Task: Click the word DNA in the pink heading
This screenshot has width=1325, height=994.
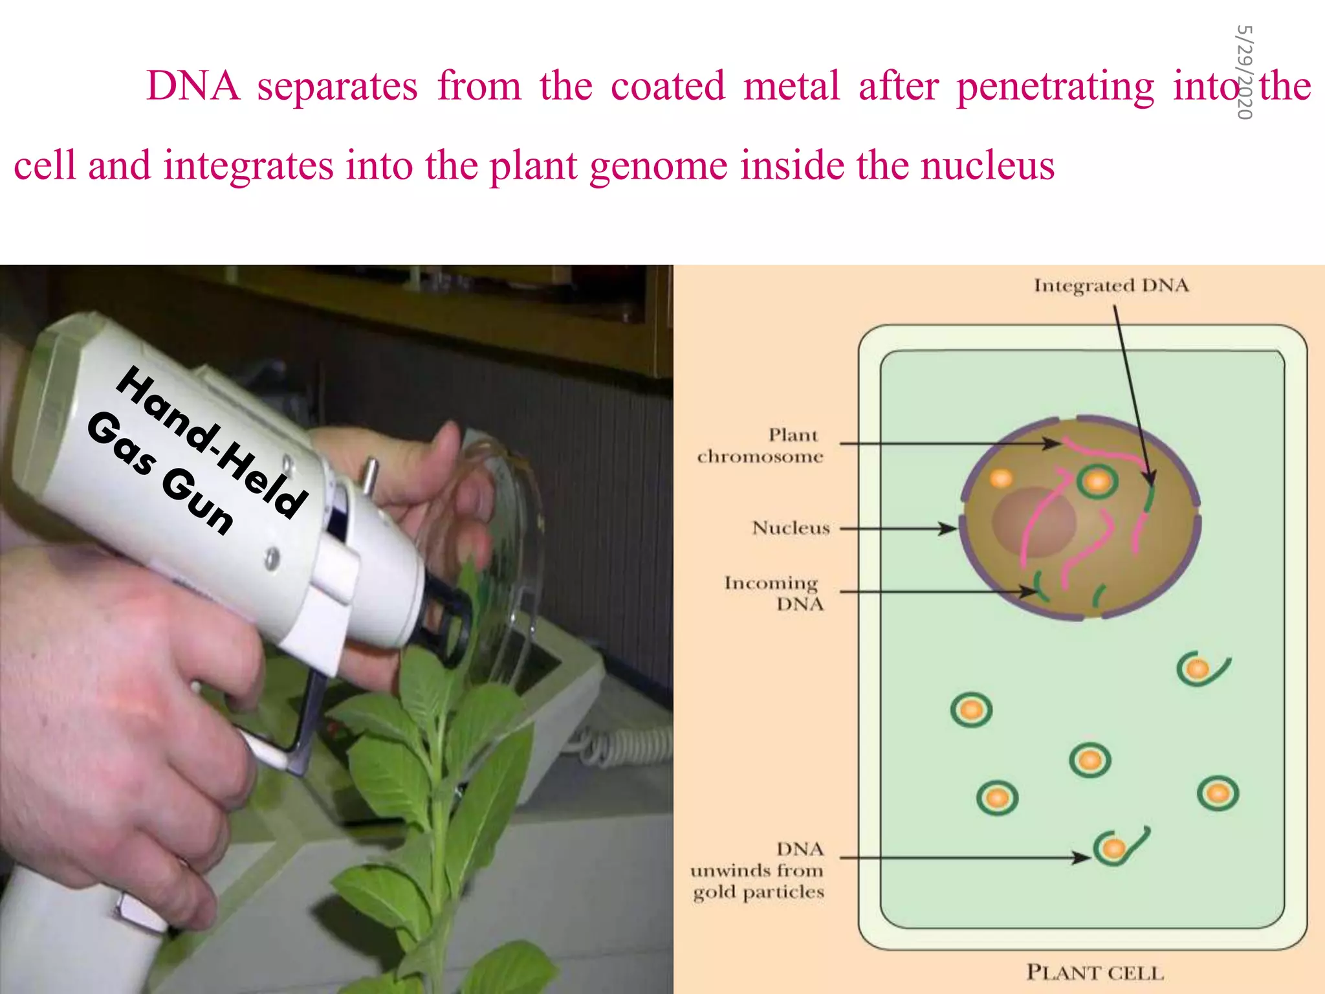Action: [193, 85]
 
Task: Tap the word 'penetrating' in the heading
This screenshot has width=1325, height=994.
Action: [1055, 87]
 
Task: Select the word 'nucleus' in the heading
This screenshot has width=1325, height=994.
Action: [987, 165]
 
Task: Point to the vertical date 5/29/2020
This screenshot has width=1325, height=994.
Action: [1244, 72]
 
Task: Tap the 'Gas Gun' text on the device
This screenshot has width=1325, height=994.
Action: [159, 473]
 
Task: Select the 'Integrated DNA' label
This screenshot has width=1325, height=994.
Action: [1111, 285]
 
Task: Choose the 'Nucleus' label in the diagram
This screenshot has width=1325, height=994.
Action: [791, 528]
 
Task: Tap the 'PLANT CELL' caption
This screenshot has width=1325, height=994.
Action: [1095, 972]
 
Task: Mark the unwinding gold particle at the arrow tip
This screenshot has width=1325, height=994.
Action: [1114, 847]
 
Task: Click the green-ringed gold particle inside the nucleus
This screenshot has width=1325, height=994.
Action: [1097, 481]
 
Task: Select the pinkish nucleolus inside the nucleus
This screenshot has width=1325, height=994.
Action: [1034, 521]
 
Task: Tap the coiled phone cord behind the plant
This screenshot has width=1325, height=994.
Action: [621, 744]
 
